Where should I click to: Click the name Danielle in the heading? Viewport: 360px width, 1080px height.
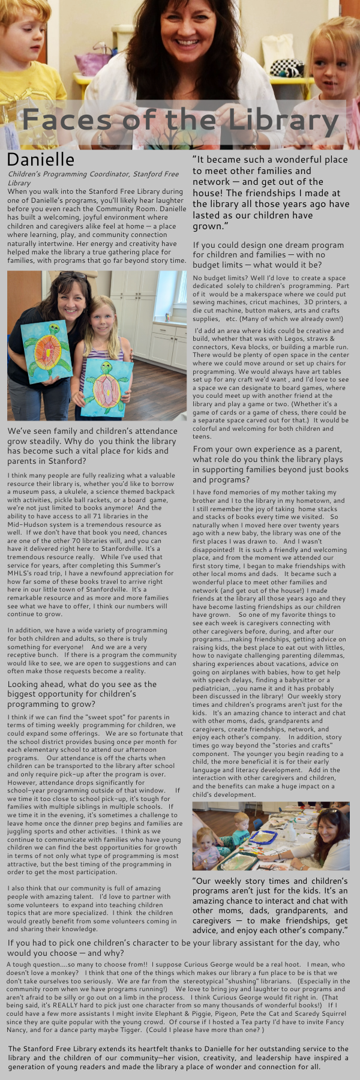tap(41, 160)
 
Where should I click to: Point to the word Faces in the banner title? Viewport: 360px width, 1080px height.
tap(66, 120)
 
